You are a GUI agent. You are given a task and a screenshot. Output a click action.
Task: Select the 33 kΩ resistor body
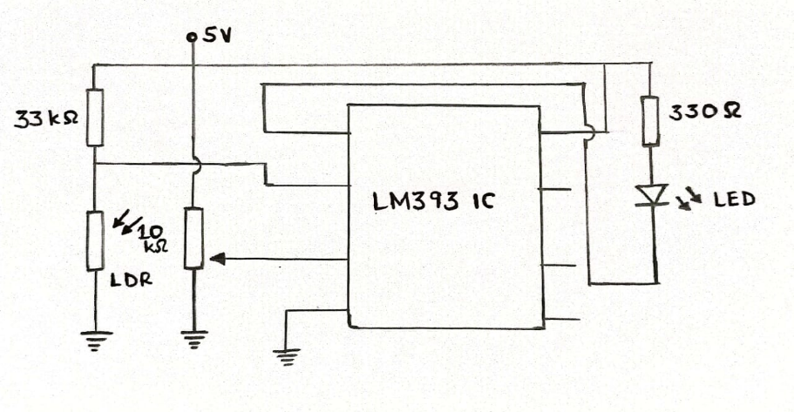[95, 118]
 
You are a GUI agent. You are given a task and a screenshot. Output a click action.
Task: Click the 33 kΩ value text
[47, 118]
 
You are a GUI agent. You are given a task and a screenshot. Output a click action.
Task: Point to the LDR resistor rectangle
[95, 240]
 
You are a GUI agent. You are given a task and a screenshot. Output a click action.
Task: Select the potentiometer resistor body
[193, 237]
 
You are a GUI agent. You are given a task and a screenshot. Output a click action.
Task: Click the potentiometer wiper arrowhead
[217, 259]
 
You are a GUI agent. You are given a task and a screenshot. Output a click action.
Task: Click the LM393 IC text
[432, 201]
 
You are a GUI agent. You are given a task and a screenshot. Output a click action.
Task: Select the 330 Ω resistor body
[649, 120]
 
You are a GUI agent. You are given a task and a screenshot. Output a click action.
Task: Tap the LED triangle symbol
[652, 194]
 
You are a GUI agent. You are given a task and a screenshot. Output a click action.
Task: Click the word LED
[735, 201]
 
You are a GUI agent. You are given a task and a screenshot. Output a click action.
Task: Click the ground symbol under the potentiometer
[193, 339]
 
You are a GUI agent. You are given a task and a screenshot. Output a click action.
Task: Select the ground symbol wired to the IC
[286, 355]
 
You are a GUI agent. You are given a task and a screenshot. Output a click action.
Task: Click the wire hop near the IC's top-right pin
[591, 132]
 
